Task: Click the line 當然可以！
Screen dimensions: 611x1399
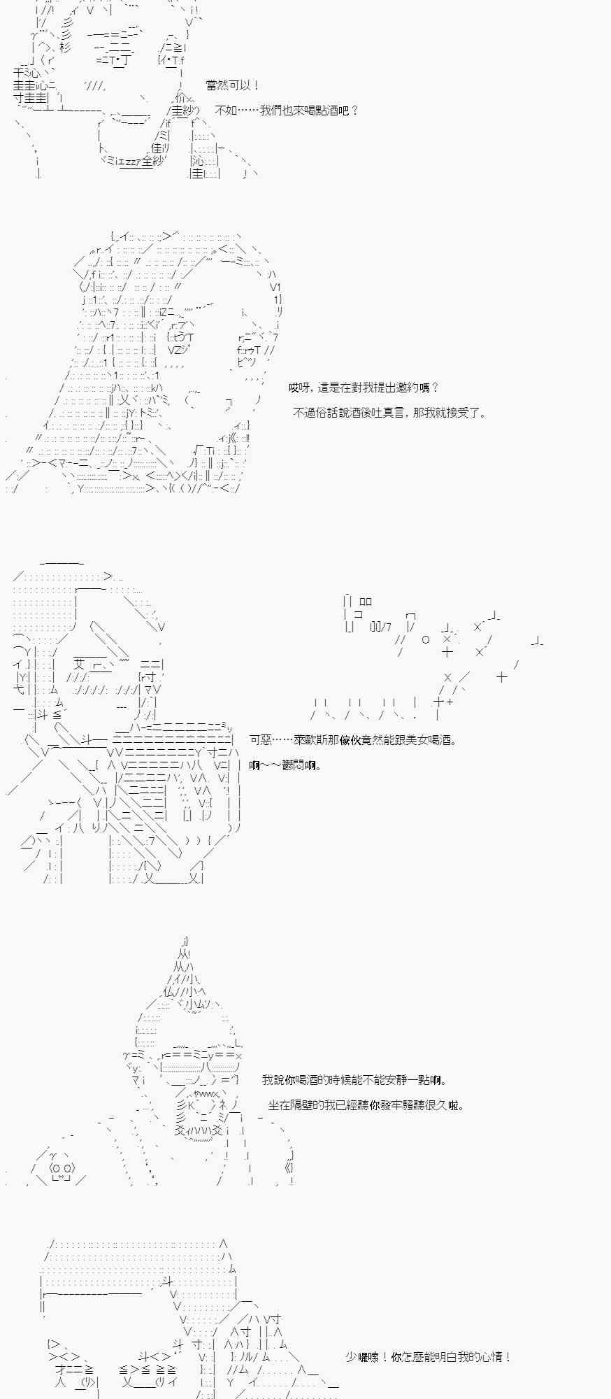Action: point(233,85)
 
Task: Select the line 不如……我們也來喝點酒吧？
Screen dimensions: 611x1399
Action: point(287,111)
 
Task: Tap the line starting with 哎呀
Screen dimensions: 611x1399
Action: point(364,388)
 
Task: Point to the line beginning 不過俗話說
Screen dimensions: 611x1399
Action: point(389,413)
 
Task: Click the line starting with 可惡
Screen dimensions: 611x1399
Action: point(353,740)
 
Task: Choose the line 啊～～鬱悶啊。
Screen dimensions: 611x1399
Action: point(285,765)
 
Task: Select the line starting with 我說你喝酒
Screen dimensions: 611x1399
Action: point(354,1080)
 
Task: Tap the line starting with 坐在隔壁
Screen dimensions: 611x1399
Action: point(366,1105)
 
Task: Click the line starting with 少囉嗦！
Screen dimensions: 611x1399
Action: point(429,1357)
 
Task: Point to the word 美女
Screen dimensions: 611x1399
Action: point(414,740)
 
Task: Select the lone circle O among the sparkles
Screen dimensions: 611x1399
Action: point(426,639)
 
